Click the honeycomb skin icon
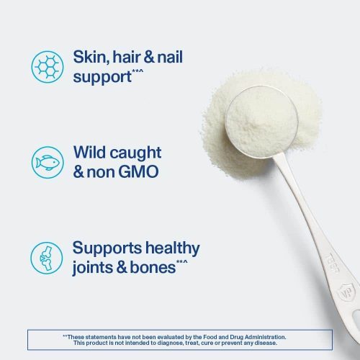tap(47, 66)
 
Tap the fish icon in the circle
tap(47, 162)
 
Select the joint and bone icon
tap(47, 257)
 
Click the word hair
tap(140, 57)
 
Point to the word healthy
tap(174, 248)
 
